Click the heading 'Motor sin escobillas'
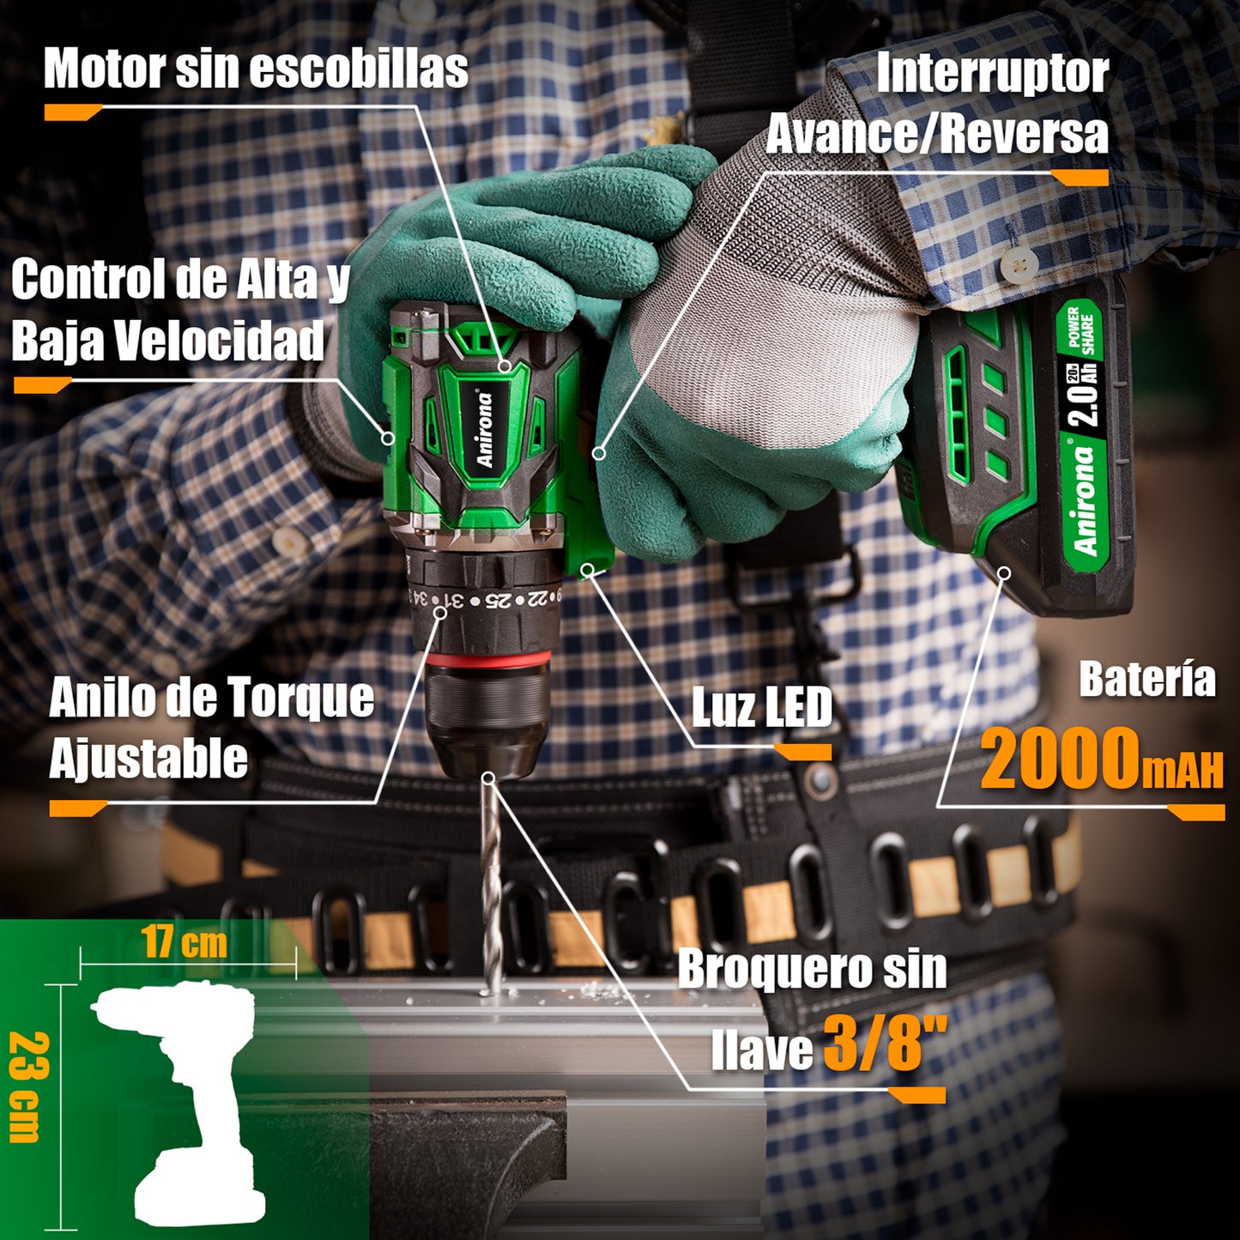click(x=256, y=69)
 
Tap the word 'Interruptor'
click(x=992, y=74)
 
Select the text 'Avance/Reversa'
click(x=937, y=134)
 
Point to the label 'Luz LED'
click(x=762, y=708)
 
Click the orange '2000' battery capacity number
click(x=1060, y=759)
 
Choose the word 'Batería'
click(x=1146, y=680)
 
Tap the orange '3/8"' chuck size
click(x=874, y=1042)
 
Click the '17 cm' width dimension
click(x=184, y=942)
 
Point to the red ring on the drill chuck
click(x=489, y=660)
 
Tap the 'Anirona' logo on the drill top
click(x=486, y=429)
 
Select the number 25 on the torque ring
click(x=497, y=600)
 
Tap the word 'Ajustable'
click(x=148, y=759)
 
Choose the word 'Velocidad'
click(x=220, y=341)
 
